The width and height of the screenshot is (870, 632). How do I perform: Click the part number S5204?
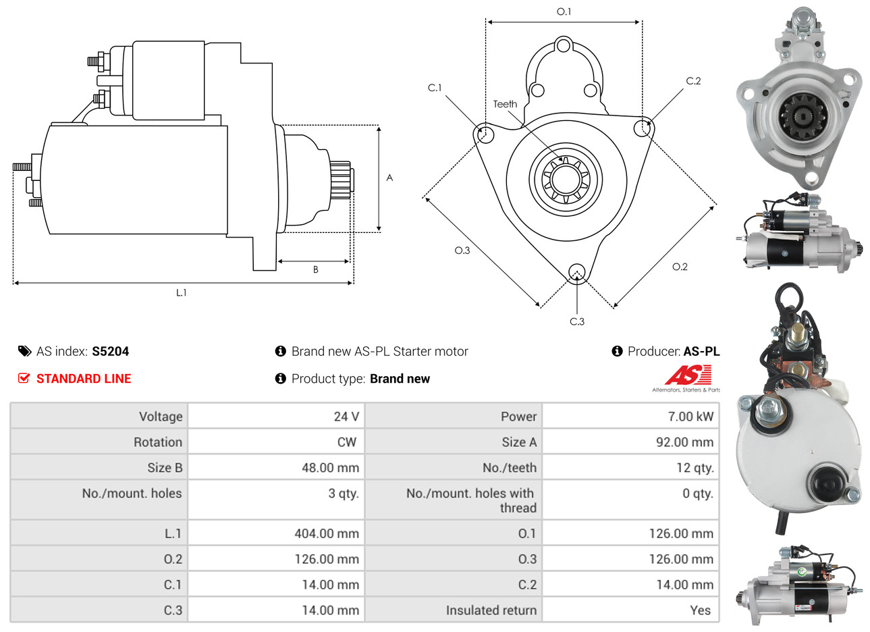110,352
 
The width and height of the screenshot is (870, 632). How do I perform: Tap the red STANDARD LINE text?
84,379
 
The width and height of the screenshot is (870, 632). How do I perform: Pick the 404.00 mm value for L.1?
327,533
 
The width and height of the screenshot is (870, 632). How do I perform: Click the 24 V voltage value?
346,417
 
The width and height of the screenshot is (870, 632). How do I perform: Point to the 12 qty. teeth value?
695,468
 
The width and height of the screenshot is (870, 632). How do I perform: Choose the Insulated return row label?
491,610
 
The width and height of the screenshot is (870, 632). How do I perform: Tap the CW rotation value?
346,442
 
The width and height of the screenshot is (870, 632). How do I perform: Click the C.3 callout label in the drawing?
577,321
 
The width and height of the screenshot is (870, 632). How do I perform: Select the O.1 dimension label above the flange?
564,11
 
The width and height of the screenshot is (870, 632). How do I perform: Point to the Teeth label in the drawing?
505,104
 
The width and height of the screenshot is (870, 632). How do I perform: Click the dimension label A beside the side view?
389,178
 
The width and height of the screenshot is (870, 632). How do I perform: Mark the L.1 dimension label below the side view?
182,292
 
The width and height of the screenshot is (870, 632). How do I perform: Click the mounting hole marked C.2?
643,128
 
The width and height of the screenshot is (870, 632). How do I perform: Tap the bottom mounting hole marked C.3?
577,272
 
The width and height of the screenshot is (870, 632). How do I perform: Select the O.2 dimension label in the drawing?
680,267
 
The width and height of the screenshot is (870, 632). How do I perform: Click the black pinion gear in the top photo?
803,117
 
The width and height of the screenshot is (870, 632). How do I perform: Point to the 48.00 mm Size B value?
331,468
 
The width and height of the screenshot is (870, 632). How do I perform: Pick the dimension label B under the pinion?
316,269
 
